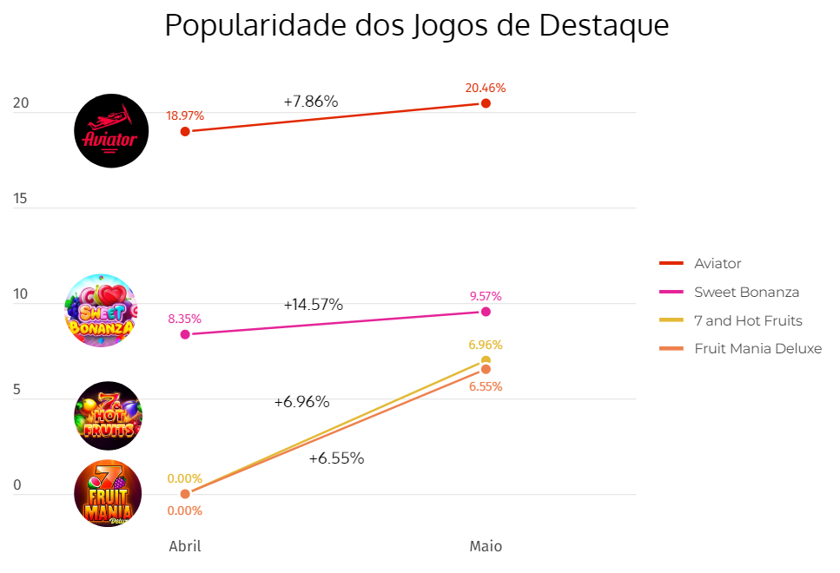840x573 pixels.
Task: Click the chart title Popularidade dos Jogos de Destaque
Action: point(417,25)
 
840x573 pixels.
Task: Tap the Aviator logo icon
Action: point(111,130)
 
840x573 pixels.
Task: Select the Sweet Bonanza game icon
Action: point(102,311)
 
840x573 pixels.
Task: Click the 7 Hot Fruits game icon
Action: point(108,415)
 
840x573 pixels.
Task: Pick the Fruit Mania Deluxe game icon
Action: point(108,493)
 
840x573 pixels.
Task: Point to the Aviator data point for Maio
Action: point(486,103)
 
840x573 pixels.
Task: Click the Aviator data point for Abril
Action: point(185,131)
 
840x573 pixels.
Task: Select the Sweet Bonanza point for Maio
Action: point(486,312)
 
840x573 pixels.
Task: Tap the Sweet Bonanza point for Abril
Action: point(185,334)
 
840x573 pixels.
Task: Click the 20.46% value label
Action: point(486,88)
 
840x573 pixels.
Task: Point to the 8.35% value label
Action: point(185,319)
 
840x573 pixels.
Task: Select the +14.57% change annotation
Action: point(313,305)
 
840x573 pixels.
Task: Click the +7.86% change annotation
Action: point(310,102)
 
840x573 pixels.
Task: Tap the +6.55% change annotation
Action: point(336,458)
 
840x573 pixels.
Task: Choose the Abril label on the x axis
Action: point(185,546)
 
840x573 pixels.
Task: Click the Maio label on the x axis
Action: point(486,546)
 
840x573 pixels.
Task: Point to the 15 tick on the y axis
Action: point(20,198)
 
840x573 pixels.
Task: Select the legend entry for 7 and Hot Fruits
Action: point(748,320)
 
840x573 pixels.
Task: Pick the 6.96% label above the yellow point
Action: point(486,345)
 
